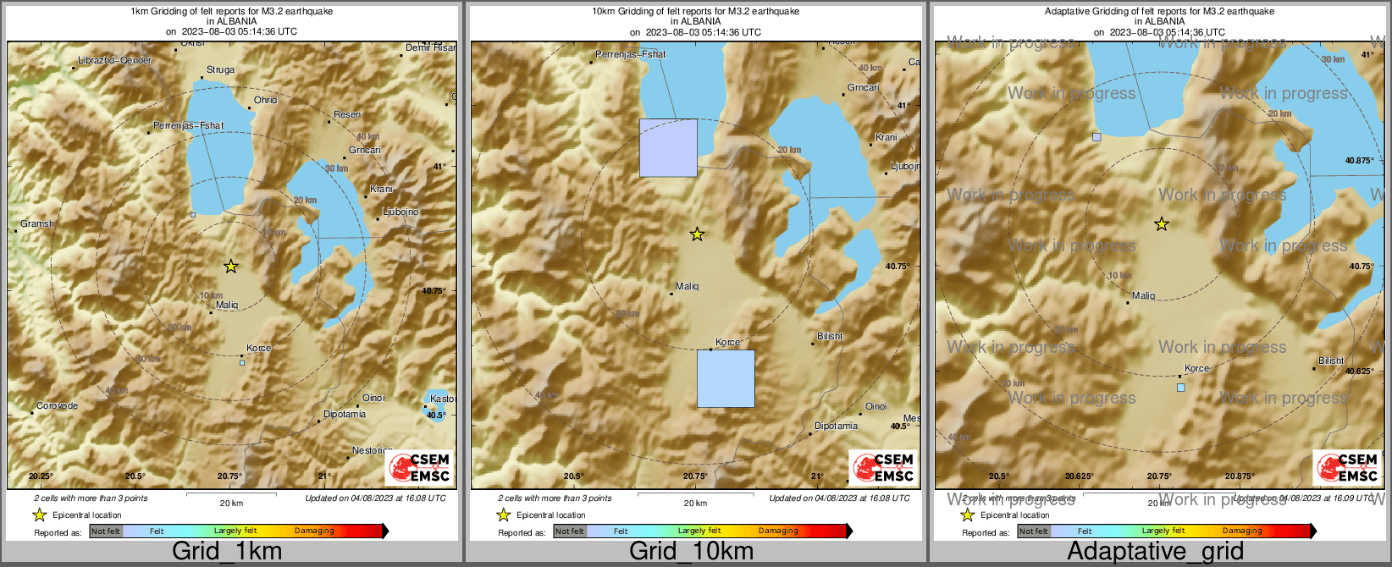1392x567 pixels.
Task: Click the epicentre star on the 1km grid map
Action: (230, 267)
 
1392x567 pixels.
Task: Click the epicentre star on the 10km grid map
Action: (697, 234)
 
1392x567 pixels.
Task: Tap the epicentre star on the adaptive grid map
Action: (1162, 224)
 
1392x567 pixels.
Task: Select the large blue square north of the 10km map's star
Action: (668, 148)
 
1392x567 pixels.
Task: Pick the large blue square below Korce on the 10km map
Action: (726, 378)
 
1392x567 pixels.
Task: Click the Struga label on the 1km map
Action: (220, 70)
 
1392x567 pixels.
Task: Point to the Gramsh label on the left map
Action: (37, 224)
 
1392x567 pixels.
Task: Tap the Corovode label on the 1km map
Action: (57, 406)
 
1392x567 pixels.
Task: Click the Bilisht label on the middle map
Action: (830, 336)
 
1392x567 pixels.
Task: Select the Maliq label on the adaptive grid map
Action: (1143, 296)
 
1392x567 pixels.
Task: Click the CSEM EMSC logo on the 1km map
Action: (420, 468)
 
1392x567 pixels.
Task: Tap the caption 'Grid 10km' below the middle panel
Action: (691, 552)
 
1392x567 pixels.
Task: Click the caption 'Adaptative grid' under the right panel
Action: (1155, 552)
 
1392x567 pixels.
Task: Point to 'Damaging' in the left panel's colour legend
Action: (314, 531)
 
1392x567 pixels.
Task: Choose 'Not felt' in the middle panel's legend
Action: (570, 531)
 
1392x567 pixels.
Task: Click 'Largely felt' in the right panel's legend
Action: (1163, 531)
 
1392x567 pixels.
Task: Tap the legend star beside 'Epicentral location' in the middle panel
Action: (503, 515)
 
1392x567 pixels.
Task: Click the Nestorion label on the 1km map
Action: (372, 451)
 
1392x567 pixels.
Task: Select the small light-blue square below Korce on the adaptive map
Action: (1181, 388)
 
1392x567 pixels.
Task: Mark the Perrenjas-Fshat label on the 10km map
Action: (630, 54)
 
